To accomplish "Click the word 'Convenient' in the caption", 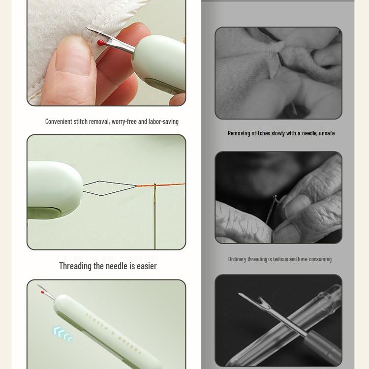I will (x=59, y=122).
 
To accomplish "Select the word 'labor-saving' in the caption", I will (x=163, y=122).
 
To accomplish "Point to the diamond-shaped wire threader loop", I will (x=109, y=187).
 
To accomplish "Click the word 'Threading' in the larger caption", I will (x=75, y=266).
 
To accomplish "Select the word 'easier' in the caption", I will (x=147, y=266).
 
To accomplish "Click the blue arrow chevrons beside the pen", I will (x=63, y=333).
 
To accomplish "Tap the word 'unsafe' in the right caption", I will (x=326, y=133).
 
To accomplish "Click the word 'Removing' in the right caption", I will (x=239, y=133).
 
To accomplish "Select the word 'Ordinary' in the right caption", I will (x=237, y=259).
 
